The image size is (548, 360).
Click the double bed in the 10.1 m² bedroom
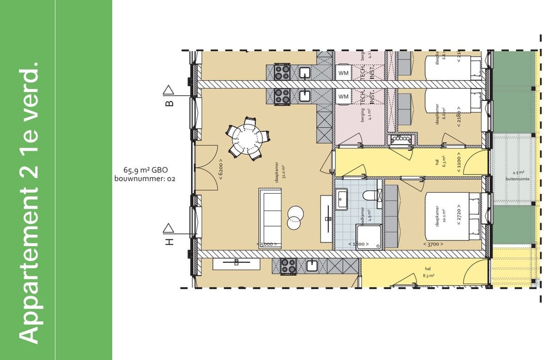click(452, 215)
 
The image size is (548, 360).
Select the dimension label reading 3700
click(432, 244)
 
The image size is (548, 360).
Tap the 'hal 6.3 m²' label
click(439, 162)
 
